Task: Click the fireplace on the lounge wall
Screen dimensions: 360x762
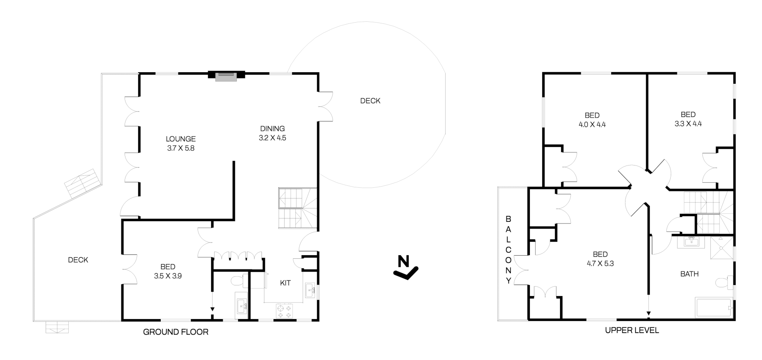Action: [x=226, y=77]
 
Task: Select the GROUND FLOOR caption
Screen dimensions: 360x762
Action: [x=175, y=332]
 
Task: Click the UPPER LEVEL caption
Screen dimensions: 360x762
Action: [x=632, y=330]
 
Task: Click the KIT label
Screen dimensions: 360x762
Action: [x=285, y=283]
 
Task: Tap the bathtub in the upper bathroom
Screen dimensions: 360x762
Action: [x=714, y=308]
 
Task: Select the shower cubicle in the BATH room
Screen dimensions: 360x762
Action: [x=722, y=247]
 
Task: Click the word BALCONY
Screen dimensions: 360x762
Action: [x=508, y=250]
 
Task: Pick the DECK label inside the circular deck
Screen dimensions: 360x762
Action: [x=370, y=101]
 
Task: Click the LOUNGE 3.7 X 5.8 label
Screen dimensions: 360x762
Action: [x=181, y=144]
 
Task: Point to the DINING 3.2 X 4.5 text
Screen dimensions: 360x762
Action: [x=272, y=133]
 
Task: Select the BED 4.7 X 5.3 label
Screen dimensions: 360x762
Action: [x=600, y=259]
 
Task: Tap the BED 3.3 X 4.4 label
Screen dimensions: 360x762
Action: [x=688, y=119]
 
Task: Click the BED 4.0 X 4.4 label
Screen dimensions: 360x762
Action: [x=592, y=120]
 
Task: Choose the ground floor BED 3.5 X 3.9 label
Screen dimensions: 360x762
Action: [x=168, y=271]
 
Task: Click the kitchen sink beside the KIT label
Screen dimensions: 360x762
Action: [x=310, y=291]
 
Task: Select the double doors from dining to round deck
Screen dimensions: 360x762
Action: [x=325, y=106]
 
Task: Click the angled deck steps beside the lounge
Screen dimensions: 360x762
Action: [x=82, y=183]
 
